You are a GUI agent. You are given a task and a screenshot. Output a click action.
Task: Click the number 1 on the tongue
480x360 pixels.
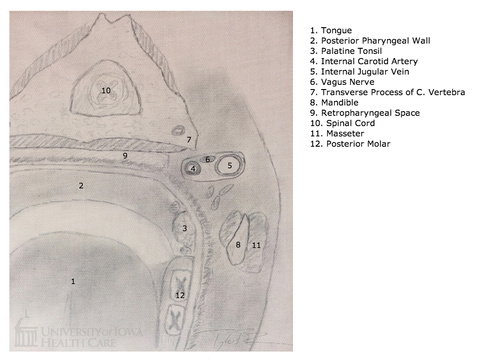(x=73, y=281)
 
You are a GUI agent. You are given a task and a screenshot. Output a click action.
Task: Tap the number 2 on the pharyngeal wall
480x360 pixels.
(x=81, y=186)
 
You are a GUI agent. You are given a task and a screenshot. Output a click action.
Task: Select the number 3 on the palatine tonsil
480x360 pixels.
(x=185, y=228)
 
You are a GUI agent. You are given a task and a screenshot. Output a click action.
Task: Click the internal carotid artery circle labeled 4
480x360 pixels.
(x=193, y=168)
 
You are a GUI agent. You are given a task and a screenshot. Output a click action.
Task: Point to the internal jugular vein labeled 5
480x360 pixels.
(x=229, y=165)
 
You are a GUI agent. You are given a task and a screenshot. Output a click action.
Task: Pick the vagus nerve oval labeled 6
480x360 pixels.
(x=207, y=159)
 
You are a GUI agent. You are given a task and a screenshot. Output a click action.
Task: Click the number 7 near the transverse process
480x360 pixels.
(x=189, y=140)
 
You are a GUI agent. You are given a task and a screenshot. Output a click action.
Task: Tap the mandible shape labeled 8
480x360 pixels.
(x=238, y=240)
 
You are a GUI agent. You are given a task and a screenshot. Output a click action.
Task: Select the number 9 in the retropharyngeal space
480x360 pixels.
(x=125, y=156)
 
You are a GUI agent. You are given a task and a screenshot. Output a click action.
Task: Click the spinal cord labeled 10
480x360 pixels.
(x=106, y=90)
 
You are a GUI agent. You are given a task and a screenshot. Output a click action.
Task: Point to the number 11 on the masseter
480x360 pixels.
(x=256, y=245)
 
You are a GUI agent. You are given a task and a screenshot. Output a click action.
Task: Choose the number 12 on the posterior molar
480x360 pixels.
(x=180, y=295)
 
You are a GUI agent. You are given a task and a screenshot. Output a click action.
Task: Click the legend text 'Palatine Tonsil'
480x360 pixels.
(x=351, y=51)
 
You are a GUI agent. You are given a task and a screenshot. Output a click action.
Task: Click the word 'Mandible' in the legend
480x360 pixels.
(x=340, y=103)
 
